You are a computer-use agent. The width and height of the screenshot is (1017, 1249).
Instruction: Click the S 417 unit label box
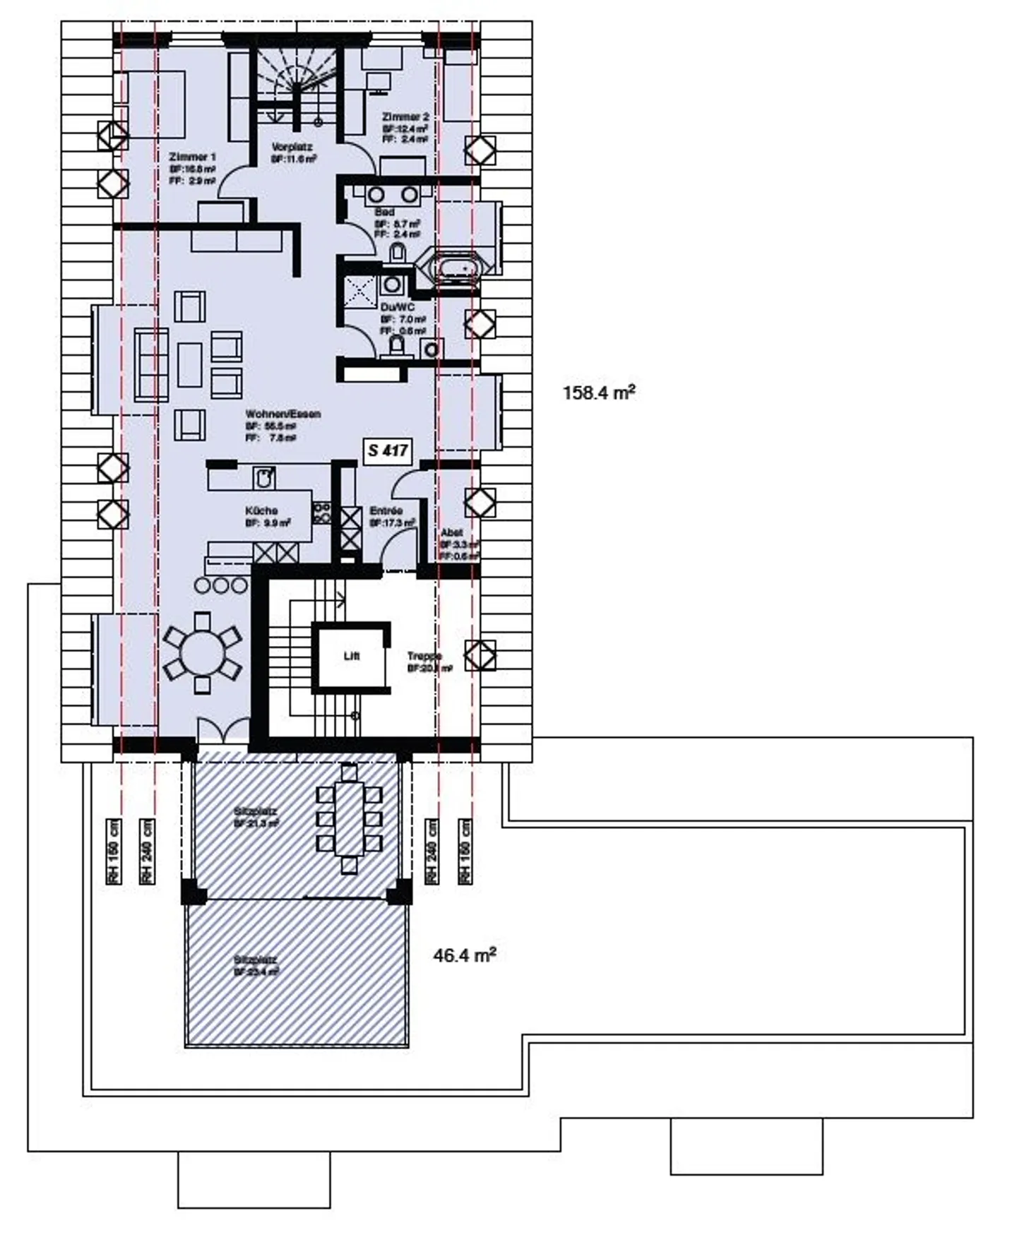click(x=388, y=450)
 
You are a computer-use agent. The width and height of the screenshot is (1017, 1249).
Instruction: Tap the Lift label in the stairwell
click(x=351, y=656)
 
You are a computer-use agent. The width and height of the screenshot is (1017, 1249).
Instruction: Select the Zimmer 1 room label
click(x=192, y=157)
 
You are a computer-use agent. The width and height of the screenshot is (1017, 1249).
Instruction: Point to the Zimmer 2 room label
click(x=405, y=116)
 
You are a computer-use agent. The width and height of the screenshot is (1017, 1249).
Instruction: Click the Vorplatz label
click(x=292, y=147)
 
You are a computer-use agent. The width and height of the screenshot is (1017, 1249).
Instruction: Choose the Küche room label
click(x=261, y=510)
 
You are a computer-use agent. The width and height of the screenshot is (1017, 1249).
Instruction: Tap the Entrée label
click(x=386, y=510)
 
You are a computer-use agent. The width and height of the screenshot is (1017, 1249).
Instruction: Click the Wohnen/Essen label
click(x=282, y=414)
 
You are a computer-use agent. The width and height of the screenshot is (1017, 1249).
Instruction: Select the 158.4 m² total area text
click(x=599, y=393)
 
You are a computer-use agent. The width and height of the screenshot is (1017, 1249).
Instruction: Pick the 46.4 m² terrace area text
click(x=464, y=956)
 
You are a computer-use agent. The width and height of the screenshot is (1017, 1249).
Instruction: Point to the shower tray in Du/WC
click(x=360, y=291)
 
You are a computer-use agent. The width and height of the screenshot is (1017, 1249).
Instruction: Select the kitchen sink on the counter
click(x=264, y=479)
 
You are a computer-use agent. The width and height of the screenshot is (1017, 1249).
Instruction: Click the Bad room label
click(x=385, y=212)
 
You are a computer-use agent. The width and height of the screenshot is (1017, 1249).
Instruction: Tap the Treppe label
click(x=424, y=656)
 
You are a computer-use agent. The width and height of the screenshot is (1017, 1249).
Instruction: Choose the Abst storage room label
click(x=451, y=532)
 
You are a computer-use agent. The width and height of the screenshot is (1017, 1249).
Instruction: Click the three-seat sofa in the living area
click(x=151, y=365)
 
